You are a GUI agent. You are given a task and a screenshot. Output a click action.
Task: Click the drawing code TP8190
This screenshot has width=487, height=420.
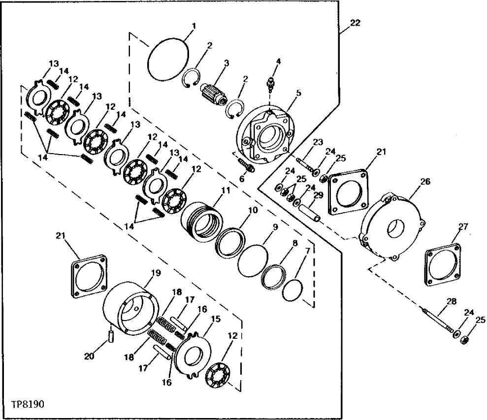coord(28,405)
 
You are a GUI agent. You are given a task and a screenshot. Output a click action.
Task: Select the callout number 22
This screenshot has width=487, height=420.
coord(355,23)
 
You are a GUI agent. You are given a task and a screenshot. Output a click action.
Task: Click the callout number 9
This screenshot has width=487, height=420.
coord(275,227)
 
